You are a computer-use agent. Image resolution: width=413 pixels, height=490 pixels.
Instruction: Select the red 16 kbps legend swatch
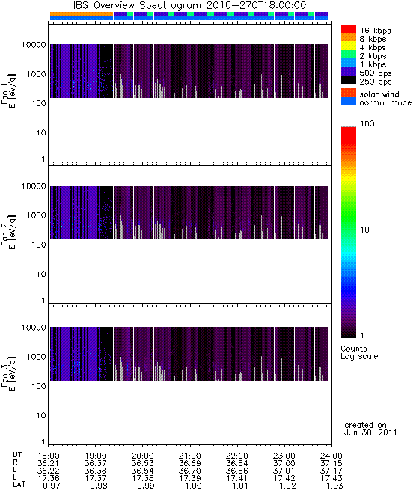(349, 28)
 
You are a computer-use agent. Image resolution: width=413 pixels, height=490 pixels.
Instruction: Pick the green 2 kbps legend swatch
(349, 55)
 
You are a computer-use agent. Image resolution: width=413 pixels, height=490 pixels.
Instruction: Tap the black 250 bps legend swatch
(349, 80)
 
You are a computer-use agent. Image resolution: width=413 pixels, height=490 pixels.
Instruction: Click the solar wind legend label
(379, 94)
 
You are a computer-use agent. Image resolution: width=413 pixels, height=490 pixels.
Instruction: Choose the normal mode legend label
(385, 102)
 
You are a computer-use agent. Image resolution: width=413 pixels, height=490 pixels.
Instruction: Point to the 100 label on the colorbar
(367, 123)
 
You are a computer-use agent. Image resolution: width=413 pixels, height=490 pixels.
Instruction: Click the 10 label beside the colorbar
(365, 230)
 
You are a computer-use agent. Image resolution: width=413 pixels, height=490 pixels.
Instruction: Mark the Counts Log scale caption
(359, 352)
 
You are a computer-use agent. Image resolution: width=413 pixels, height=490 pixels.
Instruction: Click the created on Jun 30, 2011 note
(370, 429)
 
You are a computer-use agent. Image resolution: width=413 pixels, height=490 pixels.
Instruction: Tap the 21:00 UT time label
(190, 456)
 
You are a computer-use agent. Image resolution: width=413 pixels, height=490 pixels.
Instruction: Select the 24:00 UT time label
(331, 456)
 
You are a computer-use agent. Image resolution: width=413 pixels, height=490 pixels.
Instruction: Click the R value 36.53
(143, 463)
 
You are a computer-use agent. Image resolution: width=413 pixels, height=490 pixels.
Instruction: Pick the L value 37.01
(284, 471)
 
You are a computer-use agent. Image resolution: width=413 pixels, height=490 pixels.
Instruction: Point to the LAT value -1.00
(190, 486)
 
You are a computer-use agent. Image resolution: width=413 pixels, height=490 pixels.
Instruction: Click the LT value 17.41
(237, 478)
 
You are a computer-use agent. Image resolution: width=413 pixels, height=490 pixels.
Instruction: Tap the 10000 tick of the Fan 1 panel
(34, 45)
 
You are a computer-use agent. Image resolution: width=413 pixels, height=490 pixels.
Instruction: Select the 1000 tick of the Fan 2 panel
(36, 215)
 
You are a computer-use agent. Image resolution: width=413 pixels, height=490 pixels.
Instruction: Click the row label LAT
(19, 486)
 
